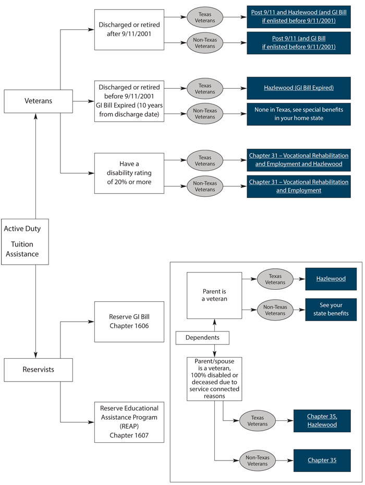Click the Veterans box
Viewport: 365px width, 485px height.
tap(38, 101)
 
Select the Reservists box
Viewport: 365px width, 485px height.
tap(38, 370)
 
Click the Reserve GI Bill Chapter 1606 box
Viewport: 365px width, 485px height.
tap(129, 322)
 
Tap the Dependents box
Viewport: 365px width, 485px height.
tap(202, 338)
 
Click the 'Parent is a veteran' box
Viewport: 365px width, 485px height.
tap(214, 295)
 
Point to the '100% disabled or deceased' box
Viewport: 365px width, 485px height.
tap(214, 378)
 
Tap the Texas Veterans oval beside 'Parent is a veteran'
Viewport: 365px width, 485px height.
tap(276, 279)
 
